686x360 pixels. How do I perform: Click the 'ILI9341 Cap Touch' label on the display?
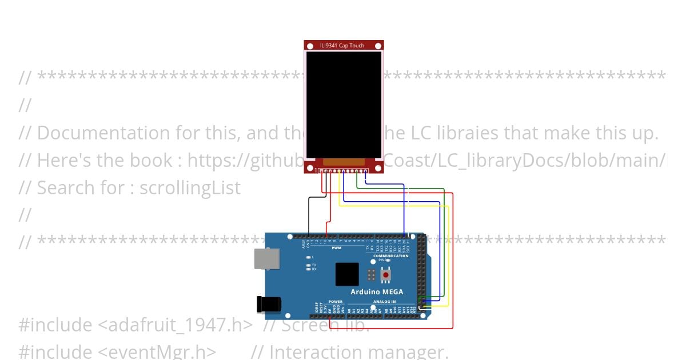(344, 45)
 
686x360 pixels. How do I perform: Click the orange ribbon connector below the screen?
(344, 162)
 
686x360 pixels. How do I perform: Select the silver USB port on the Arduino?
(267, 258)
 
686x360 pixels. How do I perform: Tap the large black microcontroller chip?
(347, 274)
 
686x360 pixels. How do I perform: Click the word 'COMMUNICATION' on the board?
(391, 255)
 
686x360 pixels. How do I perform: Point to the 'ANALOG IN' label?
(385, 301)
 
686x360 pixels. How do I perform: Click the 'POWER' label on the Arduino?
(336, 301)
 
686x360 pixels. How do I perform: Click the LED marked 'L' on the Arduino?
(309, 257)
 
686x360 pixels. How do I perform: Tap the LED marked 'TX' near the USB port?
(309, 265)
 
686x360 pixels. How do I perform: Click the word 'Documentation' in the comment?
(101, 133)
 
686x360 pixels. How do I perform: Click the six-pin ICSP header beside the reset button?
(372, 275)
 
